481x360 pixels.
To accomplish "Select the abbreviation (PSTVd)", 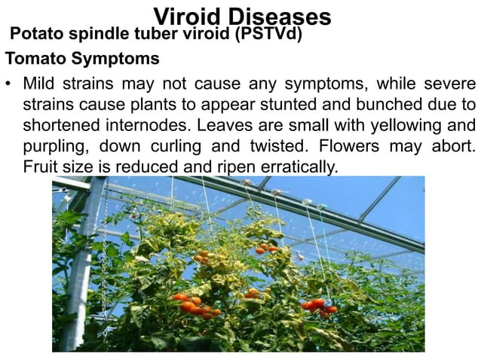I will (270, 35).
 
